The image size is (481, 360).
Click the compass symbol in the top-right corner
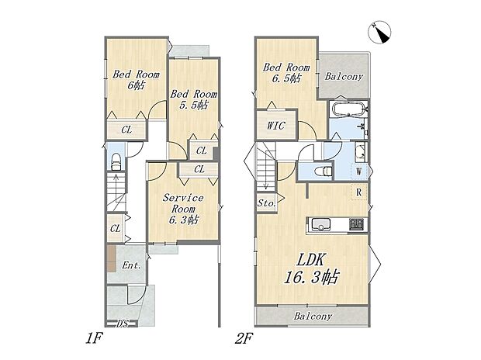tap(382, 31)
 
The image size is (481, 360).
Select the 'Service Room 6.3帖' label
tap(182, 209)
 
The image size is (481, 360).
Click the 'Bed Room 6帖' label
tap(136, 81)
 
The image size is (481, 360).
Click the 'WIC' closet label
tap(276, 125)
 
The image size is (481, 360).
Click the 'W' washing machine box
tap(359, 171)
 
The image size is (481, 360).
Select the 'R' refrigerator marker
tap(359, 191)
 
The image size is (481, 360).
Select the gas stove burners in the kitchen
tap(355, 225)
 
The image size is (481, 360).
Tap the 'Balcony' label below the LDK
tap(313, 317)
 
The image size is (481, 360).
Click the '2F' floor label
tap(244, 339)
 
